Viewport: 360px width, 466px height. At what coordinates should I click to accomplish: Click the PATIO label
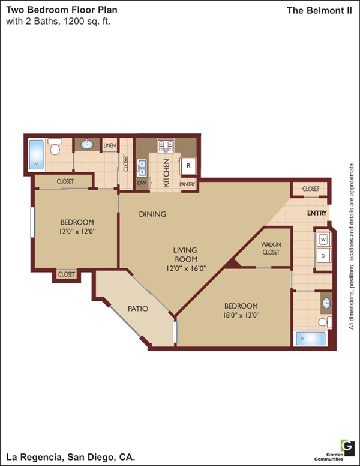coord(138,309)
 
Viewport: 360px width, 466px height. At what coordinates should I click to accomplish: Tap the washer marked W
coord(323,239)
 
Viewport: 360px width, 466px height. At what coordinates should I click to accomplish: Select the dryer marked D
coord(323,256)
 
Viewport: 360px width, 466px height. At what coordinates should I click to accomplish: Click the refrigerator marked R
coord(188,166)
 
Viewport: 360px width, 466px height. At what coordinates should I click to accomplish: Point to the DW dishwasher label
coord(142,183)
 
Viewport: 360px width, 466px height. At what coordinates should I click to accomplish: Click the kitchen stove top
coord(166,145)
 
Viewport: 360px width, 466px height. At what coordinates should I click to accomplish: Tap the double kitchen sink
coord(142,168)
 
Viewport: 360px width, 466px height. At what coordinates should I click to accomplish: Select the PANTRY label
coord(187,184)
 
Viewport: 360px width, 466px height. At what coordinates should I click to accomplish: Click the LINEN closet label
coord(110,145)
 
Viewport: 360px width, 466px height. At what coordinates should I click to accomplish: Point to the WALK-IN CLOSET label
coord(271,249)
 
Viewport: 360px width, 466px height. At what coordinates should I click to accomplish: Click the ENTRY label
coord(317,213)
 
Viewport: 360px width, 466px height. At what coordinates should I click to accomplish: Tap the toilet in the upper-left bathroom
coord(55,146)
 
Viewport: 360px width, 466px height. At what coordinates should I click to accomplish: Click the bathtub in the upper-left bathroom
coord(37,154)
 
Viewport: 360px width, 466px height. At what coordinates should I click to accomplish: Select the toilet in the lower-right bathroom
coord(325,322)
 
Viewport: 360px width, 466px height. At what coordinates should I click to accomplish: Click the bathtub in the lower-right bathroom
coord(311,339)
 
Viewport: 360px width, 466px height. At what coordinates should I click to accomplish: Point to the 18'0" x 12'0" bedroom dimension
coord(241,315)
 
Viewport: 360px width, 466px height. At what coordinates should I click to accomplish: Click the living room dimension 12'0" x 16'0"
coord(186,268)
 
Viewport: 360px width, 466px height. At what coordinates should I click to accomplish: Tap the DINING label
coord(152,214)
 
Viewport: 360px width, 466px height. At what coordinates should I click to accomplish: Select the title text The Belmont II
coord(319,10)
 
